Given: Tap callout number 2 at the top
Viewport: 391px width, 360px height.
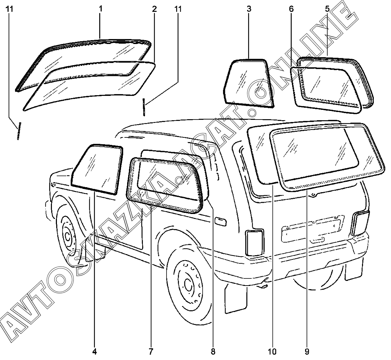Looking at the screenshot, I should click(x=154, y=9).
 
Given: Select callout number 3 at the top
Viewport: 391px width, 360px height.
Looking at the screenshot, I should click(x=248, y=9).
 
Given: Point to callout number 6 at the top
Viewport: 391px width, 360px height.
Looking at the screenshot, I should click(x=291, y=9).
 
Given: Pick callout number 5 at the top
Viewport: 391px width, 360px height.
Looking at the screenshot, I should click(x=327, y=9).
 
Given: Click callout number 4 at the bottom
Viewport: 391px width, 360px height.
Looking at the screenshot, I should click(x=95, y=351).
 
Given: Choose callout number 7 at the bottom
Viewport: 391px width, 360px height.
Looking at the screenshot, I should click(x=151, y=351).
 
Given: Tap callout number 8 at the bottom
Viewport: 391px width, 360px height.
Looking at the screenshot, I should click(x=213, y=351).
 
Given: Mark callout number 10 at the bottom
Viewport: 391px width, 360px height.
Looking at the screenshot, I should click(x=274, y=351).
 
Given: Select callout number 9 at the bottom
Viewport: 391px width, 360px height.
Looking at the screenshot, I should click(x=307, y=351).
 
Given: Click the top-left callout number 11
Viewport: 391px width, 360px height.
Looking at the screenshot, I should click(x=10, y=9).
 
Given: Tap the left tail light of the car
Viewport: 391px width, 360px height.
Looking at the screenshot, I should click(x=255, y=243).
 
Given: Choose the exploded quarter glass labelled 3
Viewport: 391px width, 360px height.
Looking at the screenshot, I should click(x=248, y=82).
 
